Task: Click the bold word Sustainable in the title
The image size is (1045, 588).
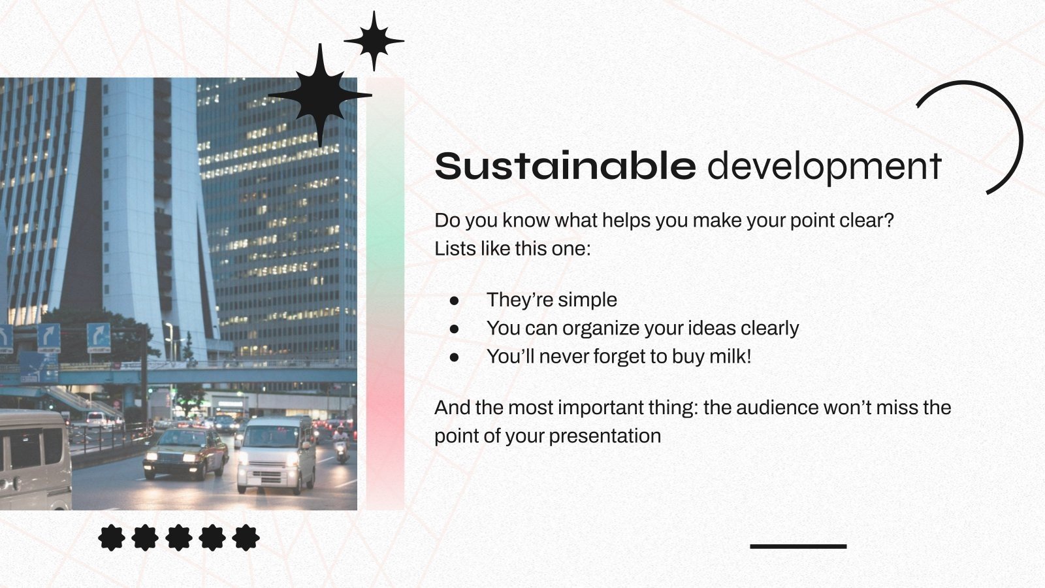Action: coord(565,166)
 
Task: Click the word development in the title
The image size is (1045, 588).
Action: coord(824,167)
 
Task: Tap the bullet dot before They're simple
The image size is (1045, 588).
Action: coord(455,301)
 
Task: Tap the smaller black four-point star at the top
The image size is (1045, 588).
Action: coord(374,41)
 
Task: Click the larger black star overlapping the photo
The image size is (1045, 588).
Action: coord(320,95)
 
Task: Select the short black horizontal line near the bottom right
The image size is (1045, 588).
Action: coord(797,546)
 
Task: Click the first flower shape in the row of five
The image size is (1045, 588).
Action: coord(112,538)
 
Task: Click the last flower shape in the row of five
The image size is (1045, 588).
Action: coord(246,538)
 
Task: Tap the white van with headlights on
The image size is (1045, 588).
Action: coord(276,454)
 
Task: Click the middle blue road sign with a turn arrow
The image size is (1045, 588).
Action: coord(49,338)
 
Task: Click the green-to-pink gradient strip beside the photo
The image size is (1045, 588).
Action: coord(385,294)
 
